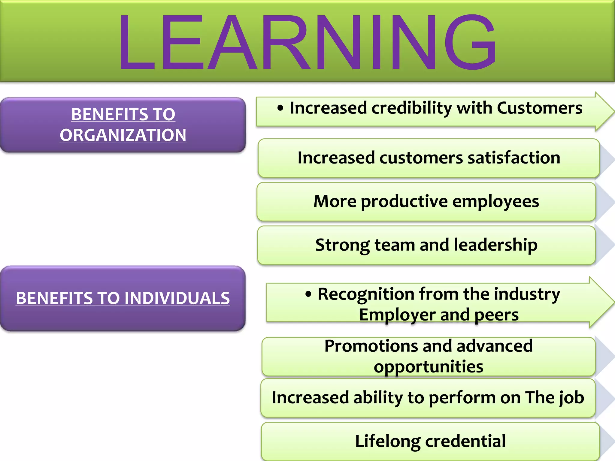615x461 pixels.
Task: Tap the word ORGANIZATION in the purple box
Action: pos(123,135)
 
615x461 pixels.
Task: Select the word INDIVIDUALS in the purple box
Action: pos(177,298)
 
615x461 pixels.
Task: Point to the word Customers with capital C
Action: pos(539,108)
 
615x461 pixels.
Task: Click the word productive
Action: pos(404,201)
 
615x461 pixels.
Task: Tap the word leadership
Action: pos(495,245)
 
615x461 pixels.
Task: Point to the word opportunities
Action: pos(429,366)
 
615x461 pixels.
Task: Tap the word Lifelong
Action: pos(387,441)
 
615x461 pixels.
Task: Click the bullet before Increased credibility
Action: pos(280,108)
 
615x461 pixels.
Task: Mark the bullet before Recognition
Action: pos(308,294)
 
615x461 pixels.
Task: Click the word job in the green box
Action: pos(572,398)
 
